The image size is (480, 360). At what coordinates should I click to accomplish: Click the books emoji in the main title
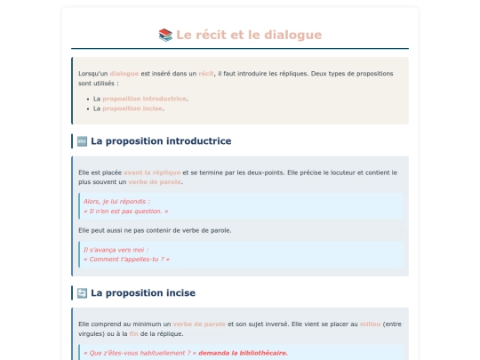point(165,35)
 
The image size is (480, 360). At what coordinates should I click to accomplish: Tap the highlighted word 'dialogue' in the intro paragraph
point(124,73)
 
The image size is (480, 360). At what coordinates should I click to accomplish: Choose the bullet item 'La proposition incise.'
point(132,108)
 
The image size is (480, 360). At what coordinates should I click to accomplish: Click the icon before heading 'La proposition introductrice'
point(82,140)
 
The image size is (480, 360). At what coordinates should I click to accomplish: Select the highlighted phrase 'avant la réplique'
point(152,172)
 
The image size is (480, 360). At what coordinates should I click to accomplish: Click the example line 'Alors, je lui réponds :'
point(116,202)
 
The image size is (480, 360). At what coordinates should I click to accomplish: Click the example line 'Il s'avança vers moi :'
point(116,250)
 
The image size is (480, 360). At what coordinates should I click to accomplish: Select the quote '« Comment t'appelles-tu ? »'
point(126,260)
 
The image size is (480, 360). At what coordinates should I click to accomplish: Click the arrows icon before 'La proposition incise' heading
point(82,292)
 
